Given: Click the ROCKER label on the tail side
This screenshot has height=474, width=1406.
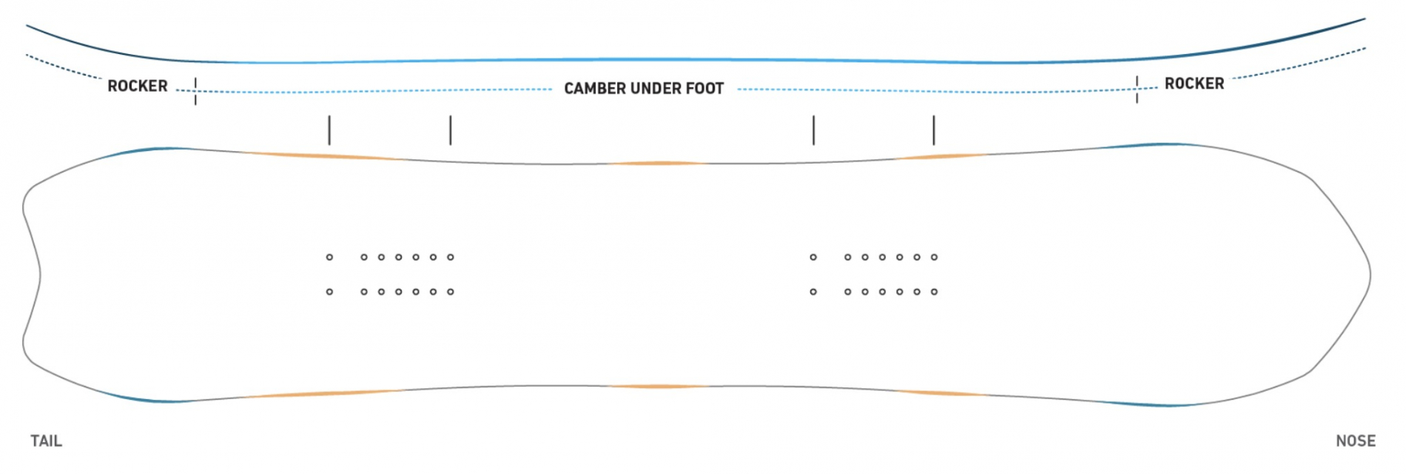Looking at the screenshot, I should point(138,86).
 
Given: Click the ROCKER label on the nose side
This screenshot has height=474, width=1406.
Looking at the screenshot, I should point(1194,84).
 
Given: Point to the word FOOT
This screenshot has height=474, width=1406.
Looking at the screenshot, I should point(704,89).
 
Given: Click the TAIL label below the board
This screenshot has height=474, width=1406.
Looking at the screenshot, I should point(46,441).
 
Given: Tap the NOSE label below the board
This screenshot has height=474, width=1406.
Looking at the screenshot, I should point(1355,441).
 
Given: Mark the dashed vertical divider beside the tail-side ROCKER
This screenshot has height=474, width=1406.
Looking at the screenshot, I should point(195,91).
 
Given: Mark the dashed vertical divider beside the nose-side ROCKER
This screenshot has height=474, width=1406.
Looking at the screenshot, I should point(1137,89).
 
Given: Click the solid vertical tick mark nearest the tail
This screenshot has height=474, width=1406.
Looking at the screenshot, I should point(329,130).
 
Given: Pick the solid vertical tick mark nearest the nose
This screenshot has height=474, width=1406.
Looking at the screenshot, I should point(934,130).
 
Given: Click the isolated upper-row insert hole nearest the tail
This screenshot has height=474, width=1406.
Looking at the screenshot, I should point(329,257).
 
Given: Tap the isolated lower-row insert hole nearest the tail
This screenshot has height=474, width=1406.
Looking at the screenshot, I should point(329,292).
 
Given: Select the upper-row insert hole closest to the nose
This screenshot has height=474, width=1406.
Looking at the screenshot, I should point(934,257).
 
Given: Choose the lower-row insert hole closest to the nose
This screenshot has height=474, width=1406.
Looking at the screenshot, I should point(934,292).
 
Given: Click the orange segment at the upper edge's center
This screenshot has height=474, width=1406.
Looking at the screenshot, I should point(659,163).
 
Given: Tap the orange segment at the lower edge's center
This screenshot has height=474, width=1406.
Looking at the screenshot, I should point(659,387).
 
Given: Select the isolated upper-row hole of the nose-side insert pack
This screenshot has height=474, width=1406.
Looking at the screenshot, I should point(813,257).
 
